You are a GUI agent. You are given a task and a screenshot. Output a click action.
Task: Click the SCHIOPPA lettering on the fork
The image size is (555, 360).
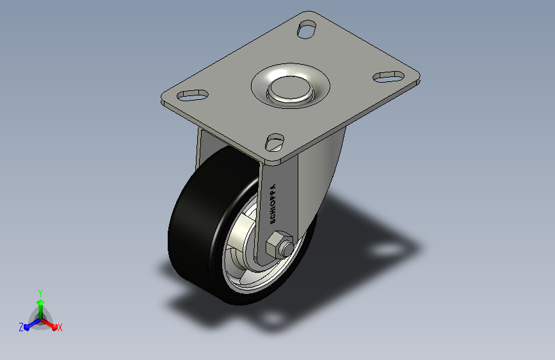pos(273,204)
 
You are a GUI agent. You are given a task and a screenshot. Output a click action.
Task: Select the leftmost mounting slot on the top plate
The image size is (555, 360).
pos(192,95)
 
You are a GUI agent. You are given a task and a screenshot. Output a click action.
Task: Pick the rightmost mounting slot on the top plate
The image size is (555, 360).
pos(389,76)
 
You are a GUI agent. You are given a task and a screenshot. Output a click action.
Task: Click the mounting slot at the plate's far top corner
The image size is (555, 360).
pos(307,29)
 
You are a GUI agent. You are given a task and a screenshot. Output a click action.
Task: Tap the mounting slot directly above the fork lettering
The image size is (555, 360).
pos(275,142)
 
